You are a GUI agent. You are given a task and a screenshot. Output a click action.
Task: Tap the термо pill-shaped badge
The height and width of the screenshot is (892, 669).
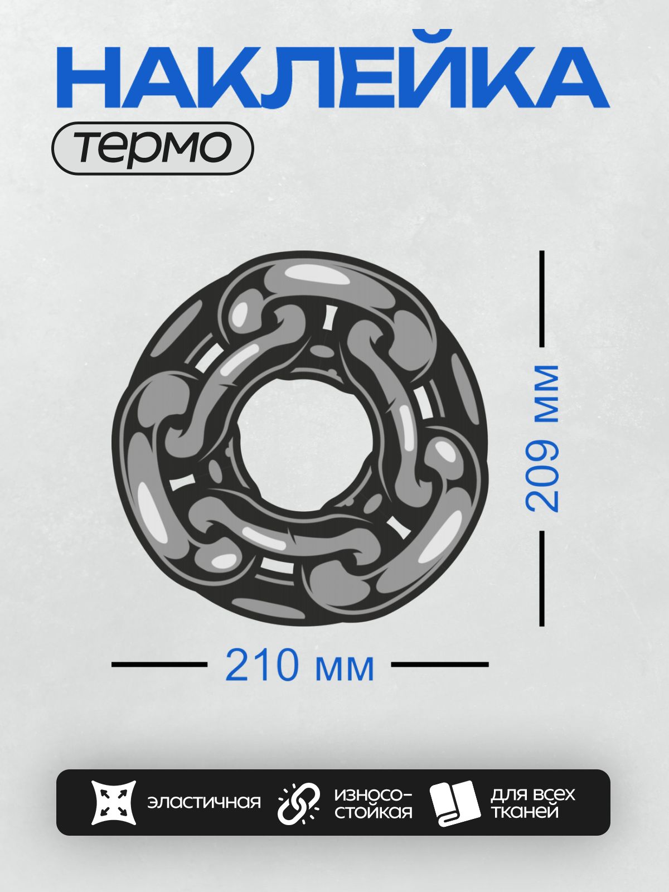[x=153, y=148]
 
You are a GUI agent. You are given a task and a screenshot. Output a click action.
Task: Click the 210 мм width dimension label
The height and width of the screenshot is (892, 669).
[x=299, y=665]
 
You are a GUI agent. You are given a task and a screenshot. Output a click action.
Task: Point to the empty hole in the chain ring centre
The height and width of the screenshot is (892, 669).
[x=304, y=444]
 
